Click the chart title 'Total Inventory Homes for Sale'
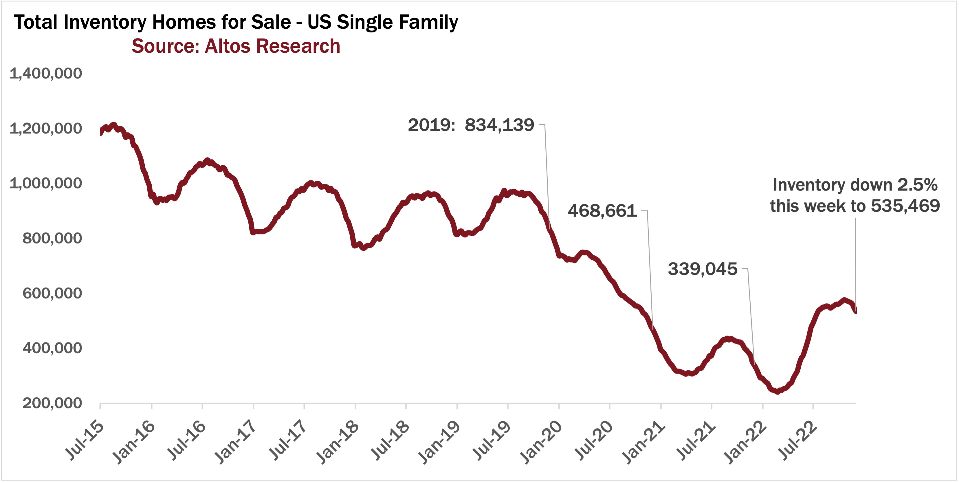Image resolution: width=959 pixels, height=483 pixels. pyautogui.click(x=236, y=22)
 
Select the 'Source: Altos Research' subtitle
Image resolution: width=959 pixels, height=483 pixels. pyautogui.click(x=236, y=46)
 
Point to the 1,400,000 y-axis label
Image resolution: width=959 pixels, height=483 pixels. pyautogui.click(x=46, y=73)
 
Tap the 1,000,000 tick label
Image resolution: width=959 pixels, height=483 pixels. pyautogui.click(x=46, y=183)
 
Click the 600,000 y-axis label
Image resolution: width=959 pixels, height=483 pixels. pyautogui.click(x=52, y=293)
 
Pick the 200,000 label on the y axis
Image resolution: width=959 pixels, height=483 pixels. pyautogui.click(x=52, y=403)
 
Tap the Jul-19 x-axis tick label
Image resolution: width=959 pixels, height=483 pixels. pyautogui.click(x=492, y=441)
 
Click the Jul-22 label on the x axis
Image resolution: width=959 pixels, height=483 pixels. pyautogui.click(x=797, y=441)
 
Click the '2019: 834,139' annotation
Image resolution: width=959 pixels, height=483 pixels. pyautogui.click(x=471, y=125)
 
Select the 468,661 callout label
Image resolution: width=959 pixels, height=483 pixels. pyautogui.click(x=602, y=211)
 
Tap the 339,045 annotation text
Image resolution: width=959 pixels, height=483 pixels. pyautogui.click(x=703, y=269)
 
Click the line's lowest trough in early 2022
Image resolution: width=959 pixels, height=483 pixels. pyautogui.click(x=777, y=391)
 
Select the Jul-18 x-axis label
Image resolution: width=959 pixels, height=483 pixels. pyautogui.click(x=389, y=441)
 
